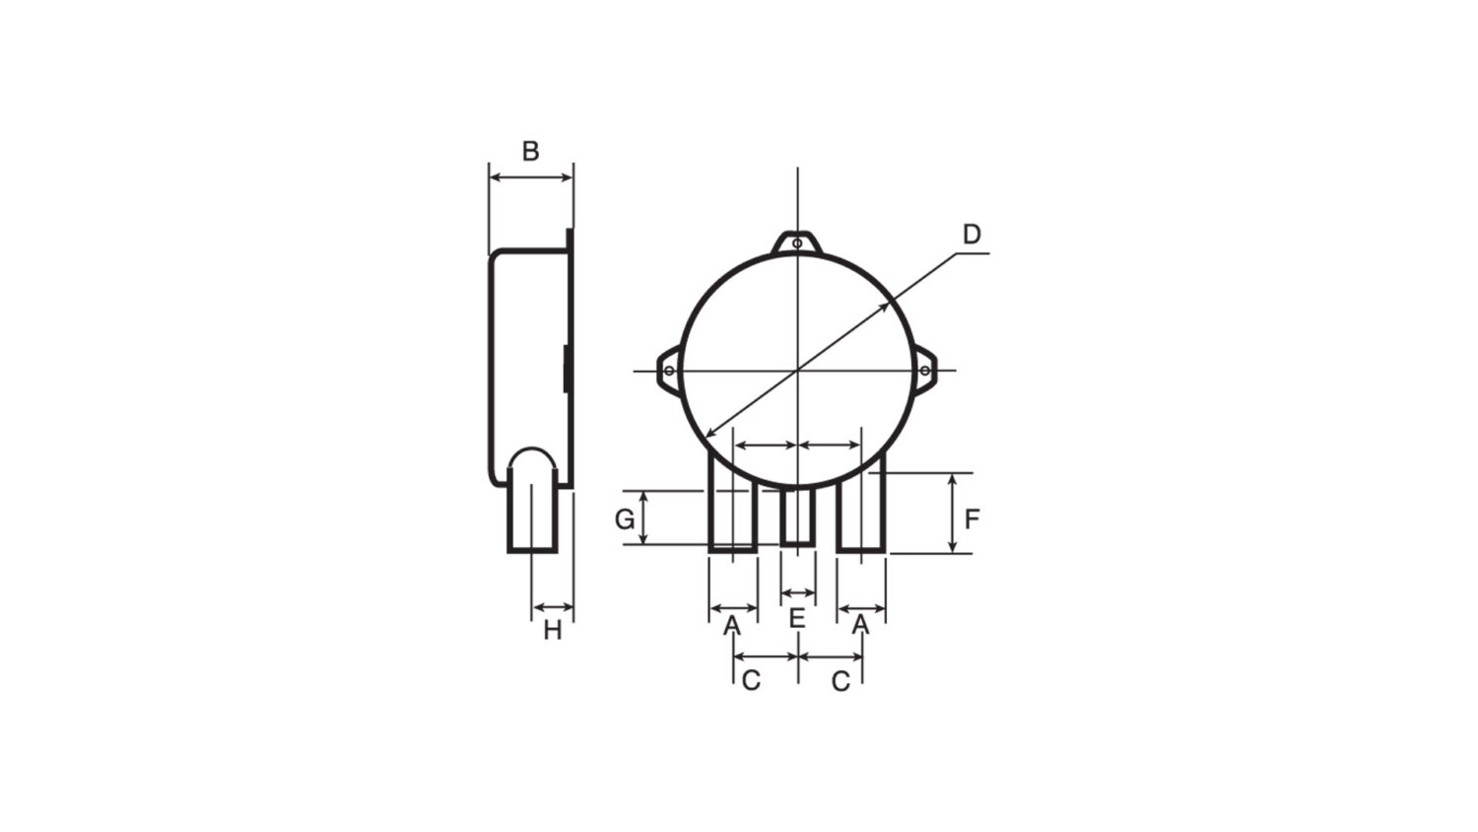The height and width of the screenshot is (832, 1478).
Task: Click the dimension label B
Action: point(530,152)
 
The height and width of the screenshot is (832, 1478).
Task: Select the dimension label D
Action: point(972,235)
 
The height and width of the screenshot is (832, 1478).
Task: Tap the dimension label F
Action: point(972,519)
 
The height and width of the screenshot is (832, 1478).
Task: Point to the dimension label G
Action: point(625,519)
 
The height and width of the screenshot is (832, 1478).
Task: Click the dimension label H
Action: point(553,631)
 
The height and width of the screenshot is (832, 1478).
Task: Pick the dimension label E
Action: point(797,620)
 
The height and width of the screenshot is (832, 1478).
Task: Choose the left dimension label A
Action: point(732,625)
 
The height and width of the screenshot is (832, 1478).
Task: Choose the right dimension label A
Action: point(860,625)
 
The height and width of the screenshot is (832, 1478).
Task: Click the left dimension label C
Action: point(751,681)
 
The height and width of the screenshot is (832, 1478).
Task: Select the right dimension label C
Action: point(840,681)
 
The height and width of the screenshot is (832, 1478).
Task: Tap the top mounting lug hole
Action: point(797,243)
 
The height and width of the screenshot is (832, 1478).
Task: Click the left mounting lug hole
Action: point(669,371)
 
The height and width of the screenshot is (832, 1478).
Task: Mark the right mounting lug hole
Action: point(924,371)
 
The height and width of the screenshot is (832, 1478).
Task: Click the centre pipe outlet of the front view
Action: point(797,517)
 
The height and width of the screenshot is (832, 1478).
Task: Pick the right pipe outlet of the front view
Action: point(861,508)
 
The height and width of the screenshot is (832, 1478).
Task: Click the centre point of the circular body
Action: point(797,371)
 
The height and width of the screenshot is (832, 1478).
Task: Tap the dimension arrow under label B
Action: point(531,177)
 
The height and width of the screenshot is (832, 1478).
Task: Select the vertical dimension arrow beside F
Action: point(952,513)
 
